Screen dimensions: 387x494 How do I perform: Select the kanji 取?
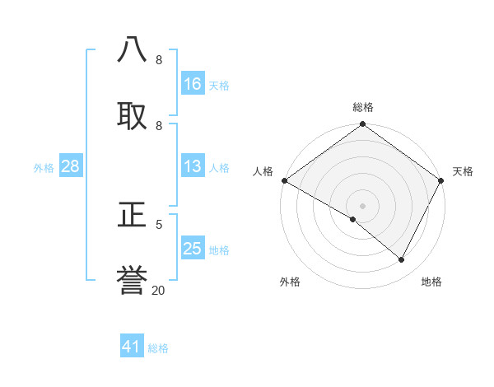pyautogui.click(x=133, y=115)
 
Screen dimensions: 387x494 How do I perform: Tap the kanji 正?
pyautogui.click(x=133, y=215)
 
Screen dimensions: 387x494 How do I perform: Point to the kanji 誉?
pyautogui.click(x=133, y=280)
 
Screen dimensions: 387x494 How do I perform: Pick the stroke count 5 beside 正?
pyautogui.click(x=159, y=223)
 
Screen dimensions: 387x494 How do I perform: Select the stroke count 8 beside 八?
pyautogui.click(x=159, y=60)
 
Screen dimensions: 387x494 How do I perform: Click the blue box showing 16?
pyautogui.click(x=193, y=84)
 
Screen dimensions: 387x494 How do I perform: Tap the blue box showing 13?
pyautogui.click(x=193, y=167)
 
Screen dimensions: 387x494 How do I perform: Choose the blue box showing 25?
pyautogui.click(x=193, y=249)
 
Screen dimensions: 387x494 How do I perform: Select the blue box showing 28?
pyautogui.click(x=70, y=167)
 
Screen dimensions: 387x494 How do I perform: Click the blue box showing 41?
pyautogui.click(x=132, y=347)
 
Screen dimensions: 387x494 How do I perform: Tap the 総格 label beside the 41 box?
pyautogui.click(x=158, y=348)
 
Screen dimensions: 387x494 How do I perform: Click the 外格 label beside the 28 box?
pyautogui.click(x=44, y=168)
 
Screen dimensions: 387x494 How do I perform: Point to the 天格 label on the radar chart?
pyautogui.click(x=463, y=171)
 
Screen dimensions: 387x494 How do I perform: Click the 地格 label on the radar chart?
pyautogui.click(x=431, y=282)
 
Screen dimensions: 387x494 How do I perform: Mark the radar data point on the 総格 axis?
pyautogui.click(x=362, y=125)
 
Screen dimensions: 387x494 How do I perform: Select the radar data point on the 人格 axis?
pyautogui.click(x=284, y=180)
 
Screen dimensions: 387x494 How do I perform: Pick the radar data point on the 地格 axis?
pyautogui.click(x=402, y=260)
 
